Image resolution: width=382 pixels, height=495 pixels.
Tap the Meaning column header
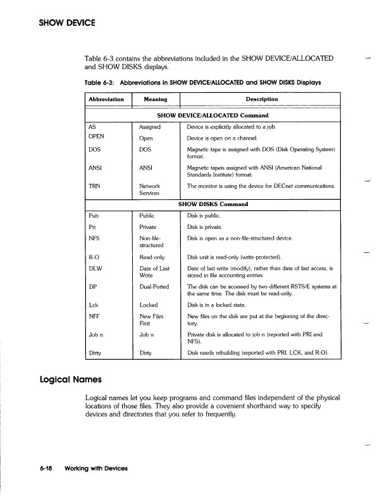[155, 99]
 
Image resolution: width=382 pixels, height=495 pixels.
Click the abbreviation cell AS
[93, 127]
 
